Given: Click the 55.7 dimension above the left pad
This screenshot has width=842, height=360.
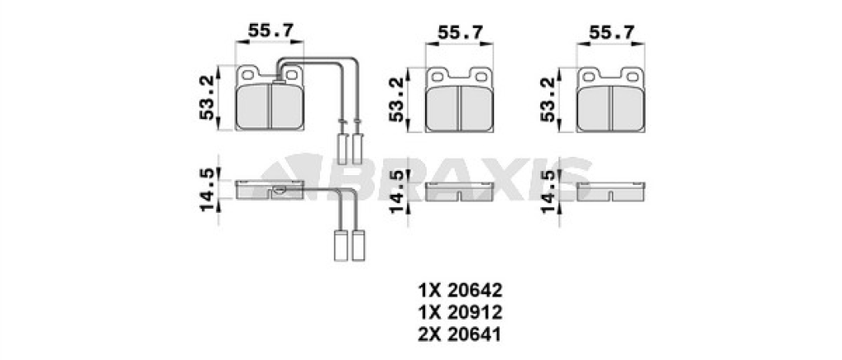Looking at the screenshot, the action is pyautogui.click(x=270, y=30).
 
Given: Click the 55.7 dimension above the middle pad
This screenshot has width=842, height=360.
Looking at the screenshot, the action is pyautogui.click(x=460, y=32).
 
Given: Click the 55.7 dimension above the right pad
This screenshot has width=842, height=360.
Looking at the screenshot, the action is pyautogui.click(x=611, y=32).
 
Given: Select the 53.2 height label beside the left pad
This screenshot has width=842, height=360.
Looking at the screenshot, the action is pyautogui.click(x=207, y=98).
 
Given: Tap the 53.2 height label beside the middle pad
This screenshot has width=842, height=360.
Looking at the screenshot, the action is pyautogui.click(x=397, y=99).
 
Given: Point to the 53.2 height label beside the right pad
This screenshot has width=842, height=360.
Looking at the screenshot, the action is pyautogui.click(x=548, y=99).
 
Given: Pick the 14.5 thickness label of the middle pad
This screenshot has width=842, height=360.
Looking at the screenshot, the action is pyautogui.click(x=398, y=192).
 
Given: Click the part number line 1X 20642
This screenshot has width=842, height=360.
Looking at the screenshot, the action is pyautogui.click(x=460, y=291).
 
